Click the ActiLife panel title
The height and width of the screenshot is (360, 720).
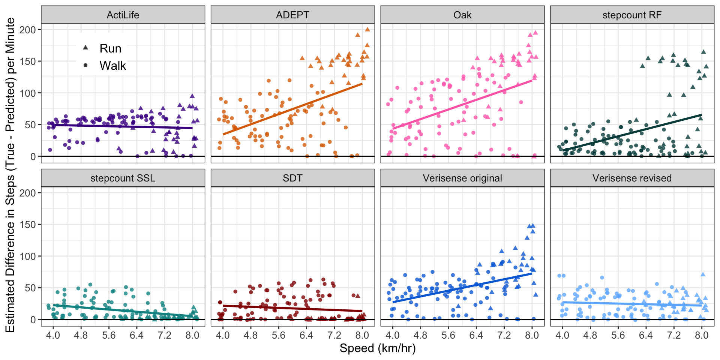tap(123, 15)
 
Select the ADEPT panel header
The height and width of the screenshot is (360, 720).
tap(292, 15)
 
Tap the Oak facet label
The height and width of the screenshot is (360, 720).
tap(462, 15)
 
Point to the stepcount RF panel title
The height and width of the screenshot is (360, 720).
tap(632, 15)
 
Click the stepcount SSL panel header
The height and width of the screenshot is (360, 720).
tap(123, 178)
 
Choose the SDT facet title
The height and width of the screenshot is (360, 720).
tap(292, 178)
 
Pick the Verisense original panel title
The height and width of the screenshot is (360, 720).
tap(462, 178)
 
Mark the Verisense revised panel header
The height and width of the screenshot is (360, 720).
tap(632, 178)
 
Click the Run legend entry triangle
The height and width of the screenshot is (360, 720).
tap(85, 48)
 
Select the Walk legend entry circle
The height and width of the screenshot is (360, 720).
tap(85, 66)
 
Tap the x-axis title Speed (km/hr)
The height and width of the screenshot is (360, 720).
tap(377, 348)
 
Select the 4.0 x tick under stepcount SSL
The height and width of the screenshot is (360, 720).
tap(53, 335)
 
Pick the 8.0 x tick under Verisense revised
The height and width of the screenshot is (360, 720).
tap(701, 335)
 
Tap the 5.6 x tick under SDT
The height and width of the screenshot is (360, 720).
tap(278, 335)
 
